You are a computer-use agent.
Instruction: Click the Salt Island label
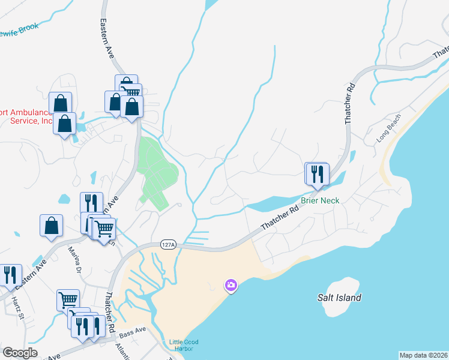[x=339, y=298]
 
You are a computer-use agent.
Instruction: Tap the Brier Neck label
[x=320, y=200]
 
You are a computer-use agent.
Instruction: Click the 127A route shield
[x=168, y=244]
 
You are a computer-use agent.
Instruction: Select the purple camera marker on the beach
[x=231, y=286]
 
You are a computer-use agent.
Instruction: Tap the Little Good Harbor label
[x=184, y=346]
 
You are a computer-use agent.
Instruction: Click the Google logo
[x=20, y=353]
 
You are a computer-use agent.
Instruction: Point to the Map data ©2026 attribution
[x=423, y=355]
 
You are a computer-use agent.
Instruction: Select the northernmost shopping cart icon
[x=130, y=92]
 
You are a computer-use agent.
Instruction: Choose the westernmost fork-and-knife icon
[x=10, y=275]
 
